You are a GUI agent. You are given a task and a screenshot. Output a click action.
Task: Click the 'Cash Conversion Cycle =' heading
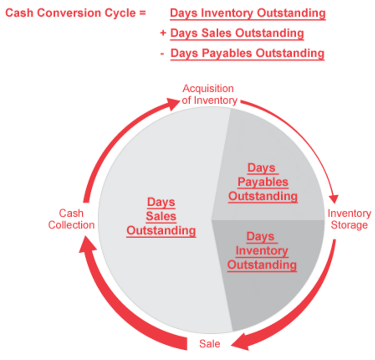pos(76,13)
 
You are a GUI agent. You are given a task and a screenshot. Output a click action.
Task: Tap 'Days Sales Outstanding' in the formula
pos(237,33)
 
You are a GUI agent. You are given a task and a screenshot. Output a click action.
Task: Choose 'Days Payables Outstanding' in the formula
pos(247,53)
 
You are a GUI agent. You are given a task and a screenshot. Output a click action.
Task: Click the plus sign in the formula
pos(163,33)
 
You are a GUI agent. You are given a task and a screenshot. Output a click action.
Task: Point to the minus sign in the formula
pos(162,54)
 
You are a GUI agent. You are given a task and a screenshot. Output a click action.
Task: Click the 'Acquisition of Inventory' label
pos(209,94)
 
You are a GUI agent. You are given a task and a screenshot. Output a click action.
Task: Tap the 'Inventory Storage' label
pos(349,219)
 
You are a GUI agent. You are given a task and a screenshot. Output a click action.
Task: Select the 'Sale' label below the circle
pos(209,344)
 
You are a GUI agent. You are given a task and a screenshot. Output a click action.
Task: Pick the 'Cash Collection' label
pos(71,219)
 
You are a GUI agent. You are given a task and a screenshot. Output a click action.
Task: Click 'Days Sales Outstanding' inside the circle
pos(161,216)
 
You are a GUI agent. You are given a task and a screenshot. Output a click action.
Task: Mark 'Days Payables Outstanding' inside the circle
pos(263,183)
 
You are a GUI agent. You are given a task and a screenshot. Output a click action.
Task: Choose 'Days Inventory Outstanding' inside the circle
pos(262,251)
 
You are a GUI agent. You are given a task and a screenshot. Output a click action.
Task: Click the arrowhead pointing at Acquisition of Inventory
pos(173,103)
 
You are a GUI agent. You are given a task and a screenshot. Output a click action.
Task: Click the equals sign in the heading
pos(143,13)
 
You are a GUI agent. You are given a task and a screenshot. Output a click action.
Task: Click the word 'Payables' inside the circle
pos(263,183)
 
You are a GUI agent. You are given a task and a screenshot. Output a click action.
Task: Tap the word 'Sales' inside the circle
pos(161,216)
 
